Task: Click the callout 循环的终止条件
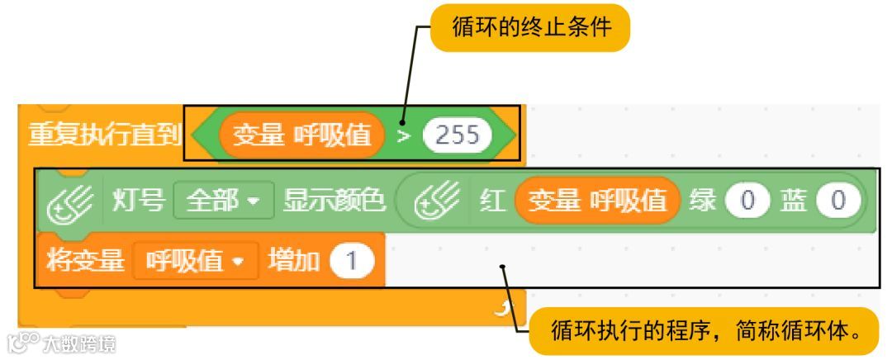(531, 29)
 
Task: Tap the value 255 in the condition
(457, 135)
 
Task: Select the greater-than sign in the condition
(403, 135)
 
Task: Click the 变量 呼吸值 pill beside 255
(302, 135)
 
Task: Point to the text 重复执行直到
(104, 135)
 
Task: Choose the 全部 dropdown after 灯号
(223, 201)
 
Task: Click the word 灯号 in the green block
(138, 201)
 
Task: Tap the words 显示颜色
(334, 201)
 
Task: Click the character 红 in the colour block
(493, 201)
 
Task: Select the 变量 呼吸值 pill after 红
(597, 201)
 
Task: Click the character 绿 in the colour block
(703, 201)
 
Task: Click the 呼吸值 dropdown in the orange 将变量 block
(195, 261)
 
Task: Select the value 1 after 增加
(351, 261)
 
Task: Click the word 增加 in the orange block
(293, 261)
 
